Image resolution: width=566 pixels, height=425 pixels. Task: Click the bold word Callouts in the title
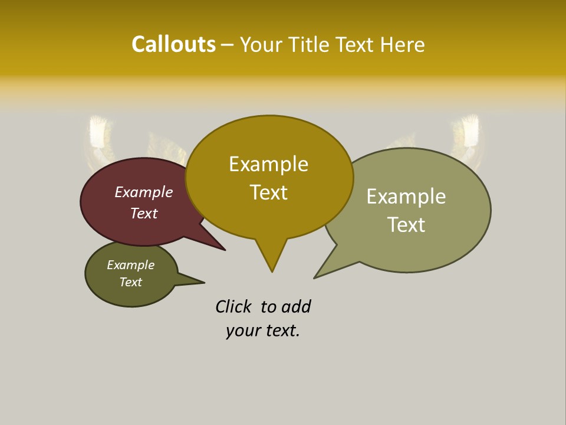(173, 44)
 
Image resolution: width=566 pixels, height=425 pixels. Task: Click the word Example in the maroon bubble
(144, 192)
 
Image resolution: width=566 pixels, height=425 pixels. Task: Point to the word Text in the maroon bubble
(144, 213)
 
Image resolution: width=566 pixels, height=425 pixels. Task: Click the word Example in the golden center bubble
(268, 164)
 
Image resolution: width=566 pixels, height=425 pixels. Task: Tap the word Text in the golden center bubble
(268, 192)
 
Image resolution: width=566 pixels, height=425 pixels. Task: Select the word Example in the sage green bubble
(406, 196)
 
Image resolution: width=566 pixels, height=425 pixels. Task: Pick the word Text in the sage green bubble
(406, 224)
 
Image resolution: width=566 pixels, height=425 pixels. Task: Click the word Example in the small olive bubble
(131, 265)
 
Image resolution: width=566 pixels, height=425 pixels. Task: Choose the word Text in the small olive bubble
(131, 282)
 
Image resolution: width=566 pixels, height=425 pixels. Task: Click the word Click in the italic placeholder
(233, 306)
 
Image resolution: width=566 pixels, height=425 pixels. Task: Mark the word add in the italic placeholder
(296, 306)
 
